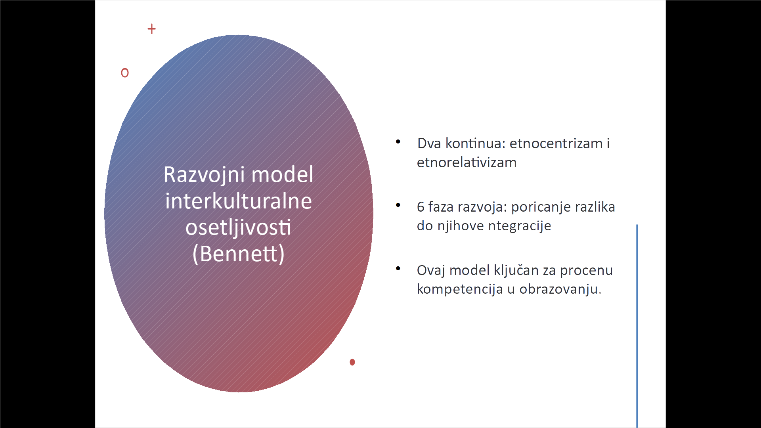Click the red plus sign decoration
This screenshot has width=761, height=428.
point(151,29)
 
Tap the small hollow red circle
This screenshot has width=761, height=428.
point(125,73)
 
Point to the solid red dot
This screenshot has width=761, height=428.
point(352,362)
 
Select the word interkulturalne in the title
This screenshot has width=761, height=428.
point(239,201)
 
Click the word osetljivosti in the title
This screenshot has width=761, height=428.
point(238,227)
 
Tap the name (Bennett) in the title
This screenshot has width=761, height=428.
point(239,254)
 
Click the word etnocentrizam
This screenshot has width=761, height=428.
point(556,143)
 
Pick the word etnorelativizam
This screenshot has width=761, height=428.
point(467,162)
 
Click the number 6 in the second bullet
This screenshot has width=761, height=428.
point(421,207)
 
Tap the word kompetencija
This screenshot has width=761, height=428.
point(460,289)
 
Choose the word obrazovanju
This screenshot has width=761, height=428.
point(560,289)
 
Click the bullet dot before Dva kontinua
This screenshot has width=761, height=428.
point(398,141)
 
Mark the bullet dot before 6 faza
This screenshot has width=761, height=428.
point(398,205)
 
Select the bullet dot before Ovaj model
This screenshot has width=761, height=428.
point(398,269)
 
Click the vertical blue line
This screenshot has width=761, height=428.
point(637,326)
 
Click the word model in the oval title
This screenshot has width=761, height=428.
point(282,175)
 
